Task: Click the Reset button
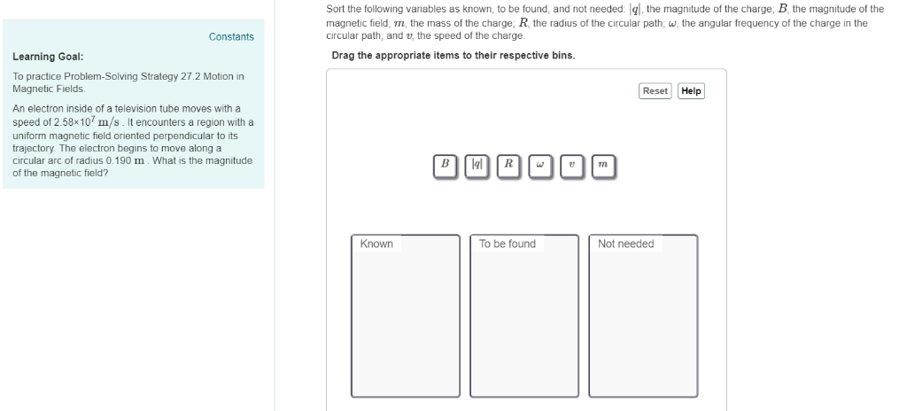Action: pos(655,91)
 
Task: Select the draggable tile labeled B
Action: pos(446,165)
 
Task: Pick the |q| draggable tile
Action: pos(477,165)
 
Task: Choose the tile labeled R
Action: pos(508,165)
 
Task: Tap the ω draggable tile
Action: pos(539,165)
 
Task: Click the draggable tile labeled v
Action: pos(571,165)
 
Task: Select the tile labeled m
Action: pos(602,165)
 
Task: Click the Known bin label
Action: pos(376,244)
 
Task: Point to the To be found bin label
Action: pos(507,244)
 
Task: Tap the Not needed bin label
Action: pos(625,244)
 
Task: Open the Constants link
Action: pos(231,36)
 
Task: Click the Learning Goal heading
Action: pos(48,57)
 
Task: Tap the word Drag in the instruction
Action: pos(343,55)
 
